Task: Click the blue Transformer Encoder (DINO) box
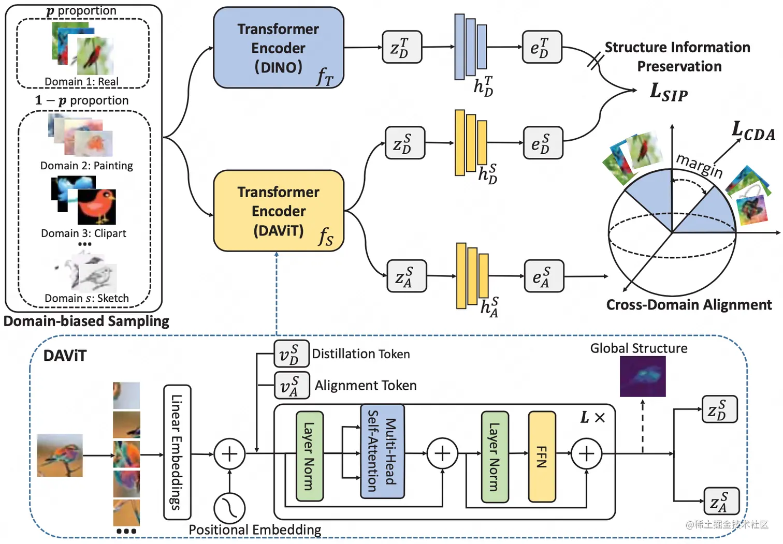click(279, 48)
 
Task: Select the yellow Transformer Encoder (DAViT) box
click(279, 211)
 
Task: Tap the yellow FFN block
click(542, 457)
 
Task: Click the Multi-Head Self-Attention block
click(382, 451)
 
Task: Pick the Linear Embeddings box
click(177, 452)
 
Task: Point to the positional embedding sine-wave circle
click(229, 508)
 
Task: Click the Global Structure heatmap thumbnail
click(643, 376)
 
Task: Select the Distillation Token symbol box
click(291, 354)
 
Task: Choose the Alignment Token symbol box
click(292, 386)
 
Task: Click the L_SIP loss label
click(669, 92)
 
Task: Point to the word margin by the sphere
click(699, 165)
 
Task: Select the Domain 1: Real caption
click(81, 82)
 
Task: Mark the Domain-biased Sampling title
click(86, 321)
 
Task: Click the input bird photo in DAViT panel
click(60, 455)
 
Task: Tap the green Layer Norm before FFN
click(495, 457)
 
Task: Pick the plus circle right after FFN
click(586, 454)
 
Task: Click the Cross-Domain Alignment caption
click(689, 305)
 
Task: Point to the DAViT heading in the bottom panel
click(65, 356)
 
